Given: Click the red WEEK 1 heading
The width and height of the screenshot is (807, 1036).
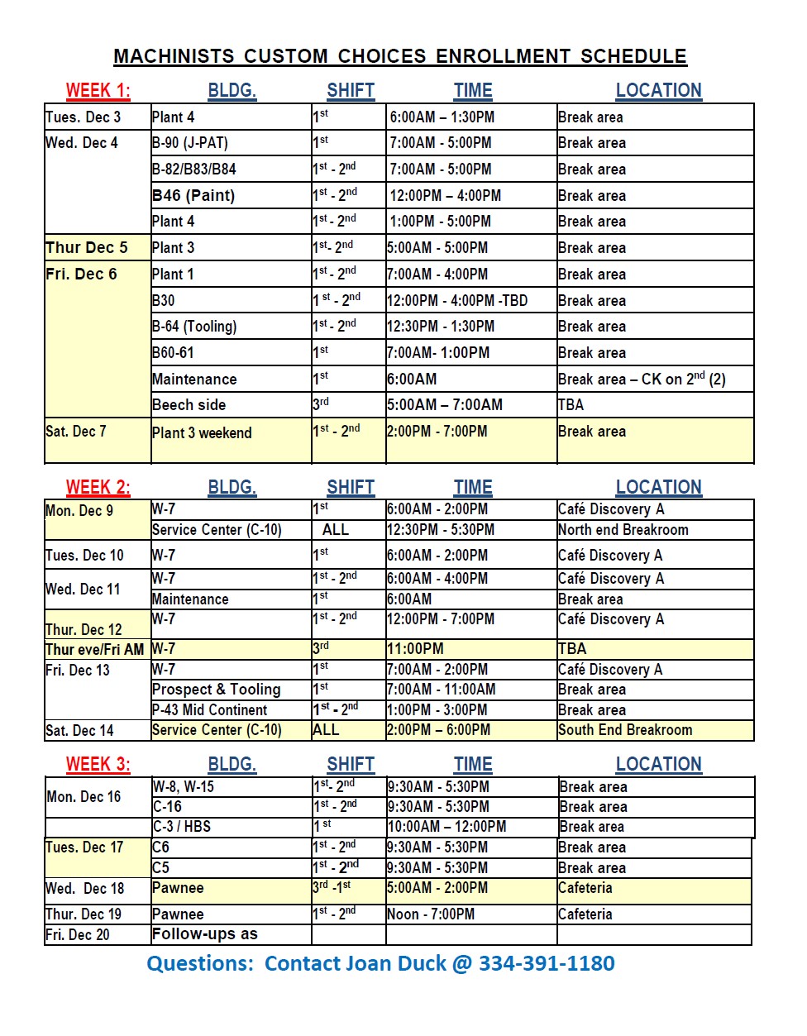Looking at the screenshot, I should pyautogui.click(x=98, y=91).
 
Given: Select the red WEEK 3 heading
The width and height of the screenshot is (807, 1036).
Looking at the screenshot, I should pyautogui.click(x=98, y=764).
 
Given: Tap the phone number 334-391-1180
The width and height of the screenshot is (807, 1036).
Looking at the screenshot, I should pyautogui.click(x=546, y=963).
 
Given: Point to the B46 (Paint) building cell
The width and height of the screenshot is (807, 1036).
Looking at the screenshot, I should pyautogui.click(x=193, y=196).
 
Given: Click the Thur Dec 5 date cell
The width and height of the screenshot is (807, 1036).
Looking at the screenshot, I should pyautogui.click(x=87, y=248).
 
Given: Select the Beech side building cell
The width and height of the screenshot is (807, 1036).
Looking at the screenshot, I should pyautogui.click(x=189, y=405).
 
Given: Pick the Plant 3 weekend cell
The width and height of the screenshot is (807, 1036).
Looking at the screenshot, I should pyautogui.click(x=202, y=433).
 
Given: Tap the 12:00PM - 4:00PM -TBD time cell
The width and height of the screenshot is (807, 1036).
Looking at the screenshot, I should pyautogui.click(x=457, y=301).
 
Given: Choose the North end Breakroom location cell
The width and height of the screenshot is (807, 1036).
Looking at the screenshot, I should pyautogui.click(x=623, y=530).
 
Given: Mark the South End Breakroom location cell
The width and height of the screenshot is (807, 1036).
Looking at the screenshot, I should pyautogui.click(x=625, y=730).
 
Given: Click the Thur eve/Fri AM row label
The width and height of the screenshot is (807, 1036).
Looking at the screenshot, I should pyautogui.click(x=94, y=650).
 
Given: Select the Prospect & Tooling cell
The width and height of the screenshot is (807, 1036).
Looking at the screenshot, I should pyautogui.click(x=217, y=690).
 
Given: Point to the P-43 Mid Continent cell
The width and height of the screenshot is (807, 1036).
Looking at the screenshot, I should pyautogui.click(x=210, y=710).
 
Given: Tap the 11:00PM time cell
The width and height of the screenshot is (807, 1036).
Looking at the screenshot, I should pyautogui.click(x=415, y=649).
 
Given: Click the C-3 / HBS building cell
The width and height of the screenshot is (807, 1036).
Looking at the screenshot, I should pyautogui.click(x=182, y=827).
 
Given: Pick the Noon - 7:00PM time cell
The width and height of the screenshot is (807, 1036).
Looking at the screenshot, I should pyautogui.click(x=431, y=914).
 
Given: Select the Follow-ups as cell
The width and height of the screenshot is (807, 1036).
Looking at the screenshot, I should pyautogui.click(x=205, y=934).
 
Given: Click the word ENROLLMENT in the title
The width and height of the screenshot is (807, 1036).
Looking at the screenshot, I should pyautogui.click(x=503, y=56).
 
